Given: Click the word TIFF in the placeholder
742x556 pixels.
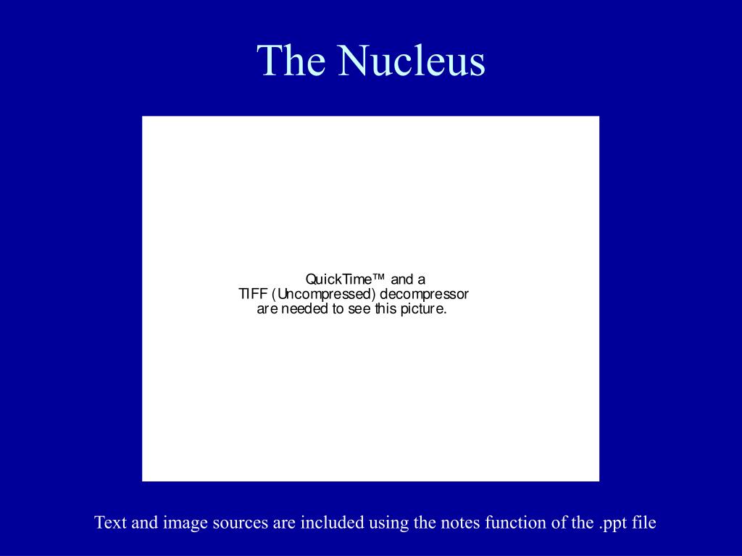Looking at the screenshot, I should [x=253, y=294].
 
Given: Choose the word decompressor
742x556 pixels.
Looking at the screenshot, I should [x=425, y=294].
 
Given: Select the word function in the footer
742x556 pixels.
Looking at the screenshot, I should [x=511, y=522].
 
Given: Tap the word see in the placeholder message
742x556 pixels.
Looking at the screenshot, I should [x=359, y=309].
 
